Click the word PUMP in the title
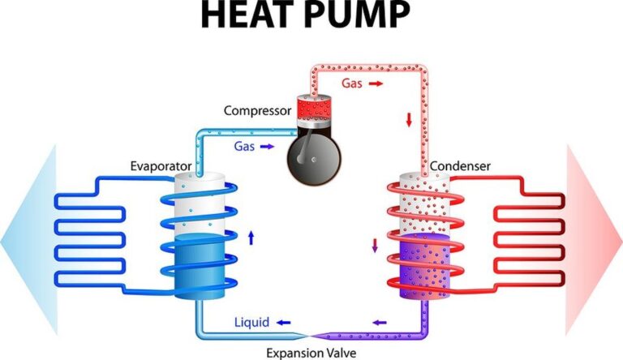click(359, 15)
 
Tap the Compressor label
click(257, 111)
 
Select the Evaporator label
click(161, 166)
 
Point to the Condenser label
click(460, 166)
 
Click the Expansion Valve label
click(311, 353)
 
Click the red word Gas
click(352, 84)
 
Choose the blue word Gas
click(244, 146)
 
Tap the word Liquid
click(252, 322)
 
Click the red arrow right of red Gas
click(376, 84)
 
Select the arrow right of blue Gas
click(268, 147)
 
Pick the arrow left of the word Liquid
click(284, 323)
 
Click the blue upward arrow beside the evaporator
click(251, 238)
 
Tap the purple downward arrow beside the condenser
click(375, 245)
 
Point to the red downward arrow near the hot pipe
click(409, 120)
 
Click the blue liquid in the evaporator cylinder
click(200, 266)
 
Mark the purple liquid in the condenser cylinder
click(425, 266)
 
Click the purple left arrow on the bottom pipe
click(380, 322)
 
